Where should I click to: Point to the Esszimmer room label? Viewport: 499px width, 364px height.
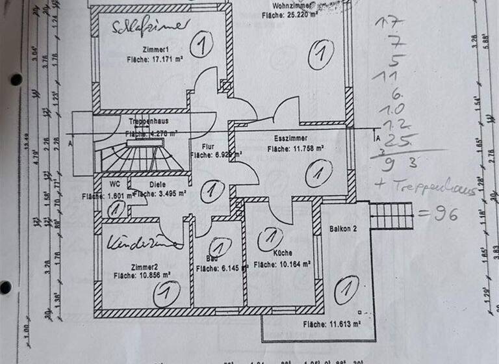click(x=290, y=138)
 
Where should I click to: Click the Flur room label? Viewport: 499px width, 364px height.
click(x=209, y=146)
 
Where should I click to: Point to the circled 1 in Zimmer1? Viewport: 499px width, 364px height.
click(x=202, y=45)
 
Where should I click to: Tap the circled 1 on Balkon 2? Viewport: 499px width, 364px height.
click(x=348, y=288)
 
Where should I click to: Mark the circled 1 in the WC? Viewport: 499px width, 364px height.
click(x=116, y=209)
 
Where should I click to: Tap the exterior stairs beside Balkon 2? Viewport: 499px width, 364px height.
click(x=391, y=215)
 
